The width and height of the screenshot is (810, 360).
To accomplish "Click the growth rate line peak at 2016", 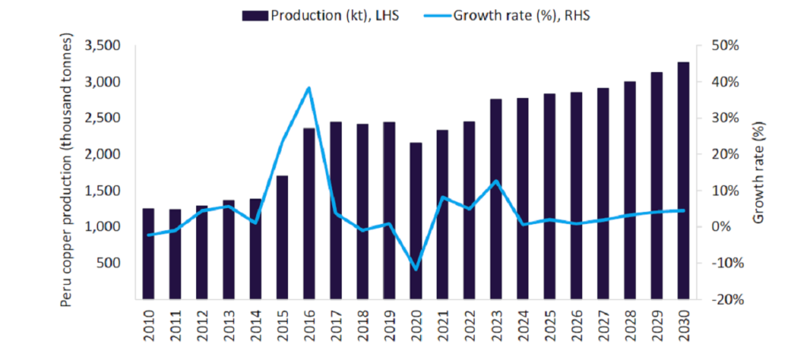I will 309,88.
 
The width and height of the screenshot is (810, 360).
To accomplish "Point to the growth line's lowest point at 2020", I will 415,269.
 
